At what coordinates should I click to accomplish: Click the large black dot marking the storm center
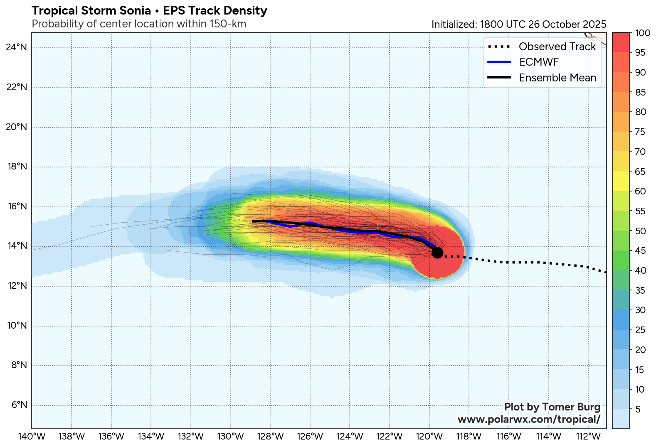point(437,253)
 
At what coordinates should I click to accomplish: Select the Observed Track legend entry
point(557,47)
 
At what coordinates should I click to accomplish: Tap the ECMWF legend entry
point(539,62)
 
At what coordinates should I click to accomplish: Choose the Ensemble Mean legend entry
point(557,78)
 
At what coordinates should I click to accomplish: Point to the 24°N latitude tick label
point(17,47)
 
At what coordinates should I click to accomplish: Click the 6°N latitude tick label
point(17,405)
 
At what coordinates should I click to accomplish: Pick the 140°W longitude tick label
point(32,437)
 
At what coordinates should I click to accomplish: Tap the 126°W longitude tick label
point(310,437)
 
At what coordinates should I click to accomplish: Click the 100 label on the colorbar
point(643,33)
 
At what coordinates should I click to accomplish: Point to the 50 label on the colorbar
point(641,231)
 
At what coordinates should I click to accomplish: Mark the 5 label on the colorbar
point(638,410)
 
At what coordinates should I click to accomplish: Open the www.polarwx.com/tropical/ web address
point(529,420)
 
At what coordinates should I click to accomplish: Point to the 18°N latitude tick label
point(17,167)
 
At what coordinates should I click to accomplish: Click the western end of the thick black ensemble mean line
point(253,221)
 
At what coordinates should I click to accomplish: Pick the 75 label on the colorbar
point(641,132)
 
